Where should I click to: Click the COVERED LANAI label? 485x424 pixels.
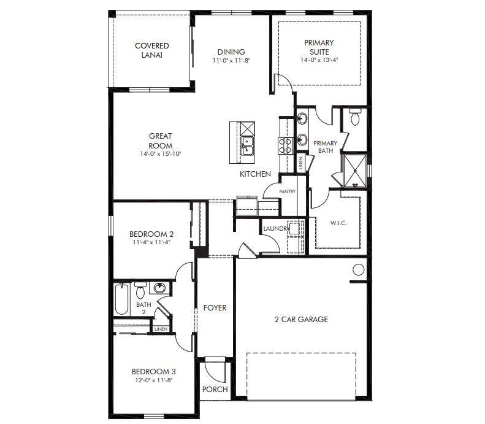click(151, 50)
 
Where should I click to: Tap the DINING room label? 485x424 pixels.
click(231, 52)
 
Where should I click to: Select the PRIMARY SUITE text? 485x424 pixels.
click(319, 47)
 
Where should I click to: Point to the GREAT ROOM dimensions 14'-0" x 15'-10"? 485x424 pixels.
click(160, 154)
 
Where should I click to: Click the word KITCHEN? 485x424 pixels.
click(255, 174)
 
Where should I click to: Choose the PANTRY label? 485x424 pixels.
click(287, 191)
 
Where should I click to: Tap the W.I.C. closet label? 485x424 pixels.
click(338, 223)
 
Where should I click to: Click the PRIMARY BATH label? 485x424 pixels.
click(325, 147)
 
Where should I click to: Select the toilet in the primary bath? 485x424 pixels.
click(354, 117)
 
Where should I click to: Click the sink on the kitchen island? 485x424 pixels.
click(248, 145)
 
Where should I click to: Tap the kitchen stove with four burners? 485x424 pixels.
click(286, 145)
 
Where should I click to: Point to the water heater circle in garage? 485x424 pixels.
click(359, 269)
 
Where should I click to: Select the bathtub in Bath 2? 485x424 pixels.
click(120, 300)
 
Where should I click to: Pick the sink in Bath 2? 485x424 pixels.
click(160, 288)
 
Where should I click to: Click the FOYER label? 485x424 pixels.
click(215, 308)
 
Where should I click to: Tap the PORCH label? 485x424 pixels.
click(215, 389)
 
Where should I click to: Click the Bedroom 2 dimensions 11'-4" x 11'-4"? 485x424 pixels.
click(151, 242)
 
